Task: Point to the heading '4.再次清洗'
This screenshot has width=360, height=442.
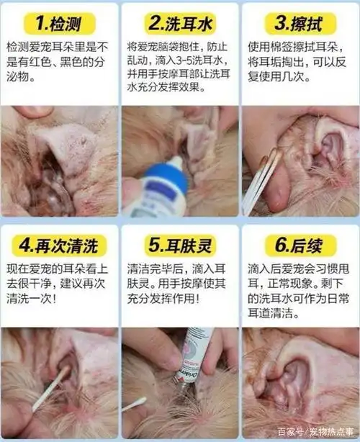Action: pyautogui.click(x=60, y=245)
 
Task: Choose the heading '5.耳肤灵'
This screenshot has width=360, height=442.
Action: pyautogui.click(x=180, y=245)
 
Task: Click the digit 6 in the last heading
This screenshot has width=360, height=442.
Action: pyautogui.click(x=279, y=245)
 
